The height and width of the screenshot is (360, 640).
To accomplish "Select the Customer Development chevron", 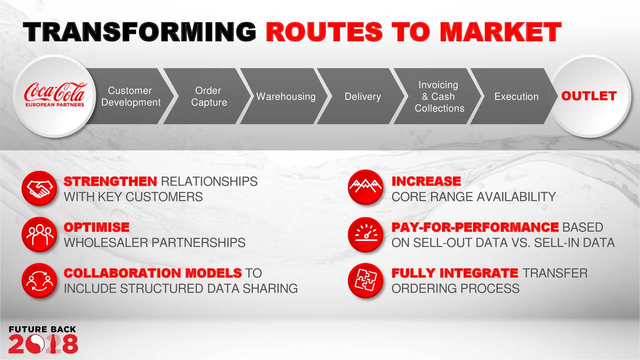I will click(129, 96).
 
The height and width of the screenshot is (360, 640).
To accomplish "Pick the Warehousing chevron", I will click(285, 96).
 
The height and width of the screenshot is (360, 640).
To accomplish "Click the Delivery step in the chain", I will click(362, 96).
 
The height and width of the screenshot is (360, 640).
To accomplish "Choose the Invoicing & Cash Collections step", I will click(439, 96).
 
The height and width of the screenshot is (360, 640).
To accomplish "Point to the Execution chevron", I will click(516, 96).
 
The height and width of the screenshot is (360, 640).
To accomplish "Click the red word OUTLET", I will click(588, 96).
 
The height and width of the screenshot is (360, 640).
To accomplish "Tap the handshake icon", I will click(39, 188).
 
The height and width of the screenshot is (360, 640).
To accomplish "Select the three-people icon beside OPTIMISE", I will click(39, 234).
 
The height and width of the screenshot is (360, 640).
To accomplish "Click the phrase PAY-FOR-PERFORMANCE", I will click(475, 227).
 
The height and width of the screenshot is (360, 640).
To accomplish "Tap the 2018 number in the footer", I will click(43, 344).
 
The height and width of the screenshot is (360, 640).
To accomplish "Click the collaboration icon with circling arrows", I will click(39, 280).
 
